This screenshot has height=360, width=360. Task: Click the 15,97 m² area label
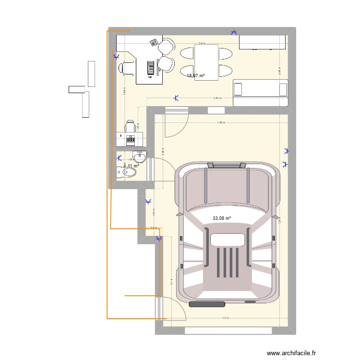tap(195, 75)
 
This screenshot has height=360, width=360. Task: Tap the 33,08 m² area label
tap(221, 218)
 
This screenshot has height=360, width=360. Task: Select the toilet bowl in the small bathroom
tap(125, 172)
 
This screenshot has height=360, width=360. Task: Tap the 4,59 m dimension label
tap(221, 123)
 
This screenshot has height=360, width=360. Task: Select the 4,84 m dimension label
tap(217, 98)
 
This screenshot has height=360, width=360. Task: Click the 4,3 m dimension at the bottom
tap(225, 318)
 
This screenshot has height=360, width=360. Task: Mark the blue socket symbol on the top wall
tap(234, 32)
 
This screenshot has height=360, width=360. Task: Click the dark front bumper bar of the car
tap(207, 304)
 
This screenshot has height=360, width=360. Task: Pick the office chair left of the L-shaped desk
tap(127, 69)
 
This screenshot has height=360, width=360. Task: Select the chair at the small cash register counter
tap(130, 126)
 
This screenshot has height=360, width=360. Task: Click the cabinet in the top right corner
tap(263, 42)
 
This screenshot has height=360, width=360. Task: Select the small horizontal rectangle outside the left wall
tap(76, 89)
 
